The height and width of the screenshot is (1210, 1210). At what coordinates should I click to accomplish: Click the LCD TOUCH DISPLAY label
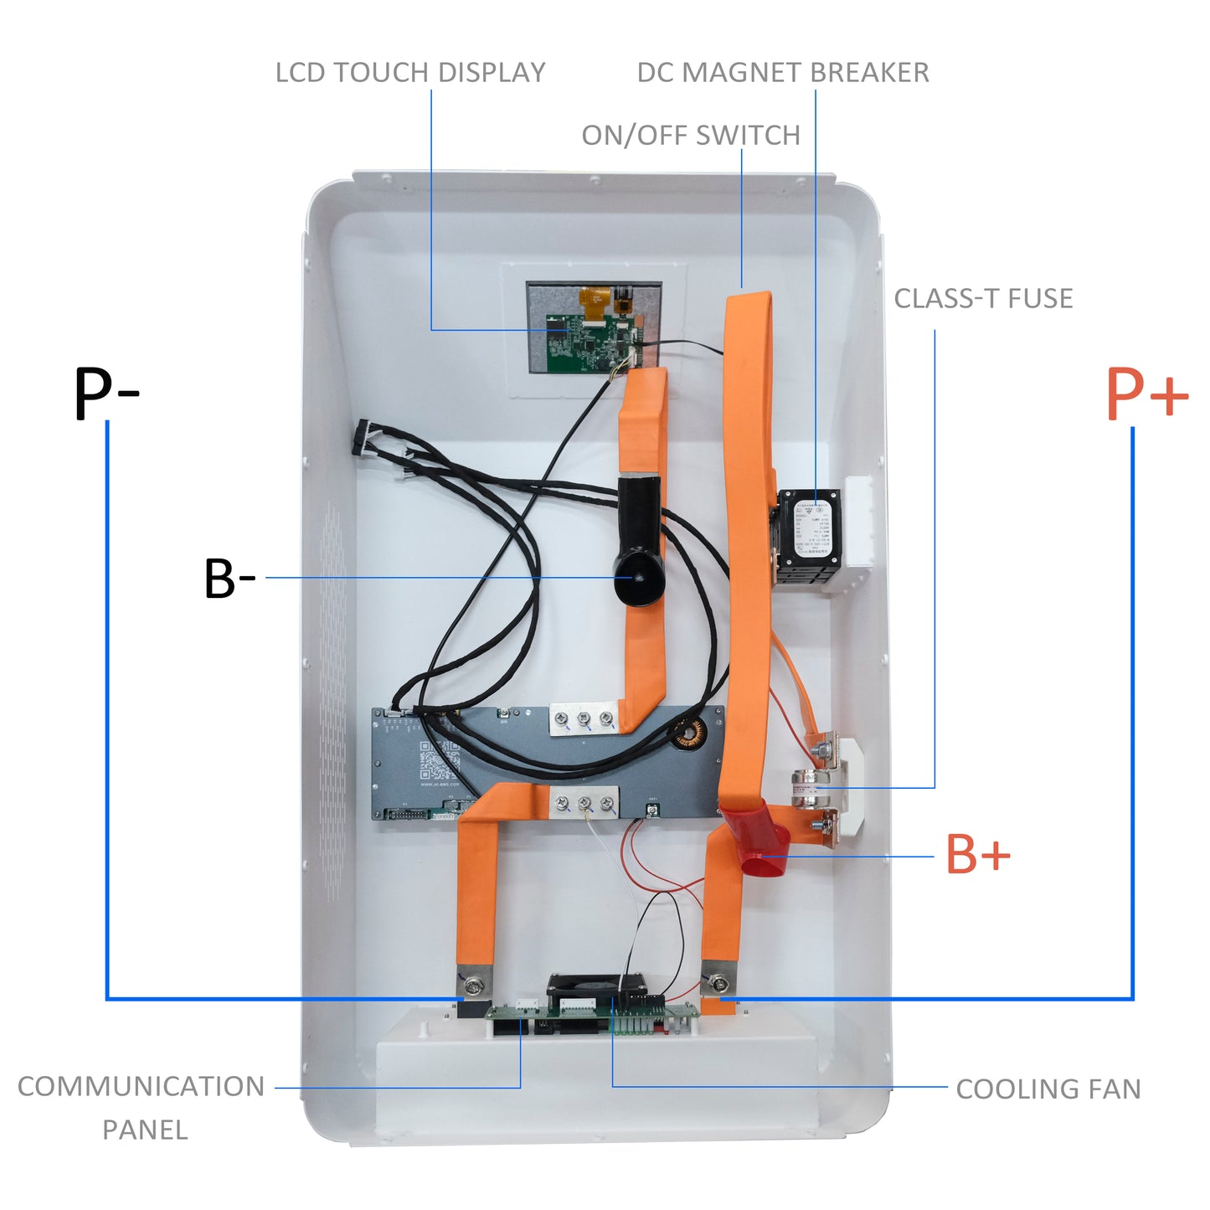pyautogui.click(x=410, y=73)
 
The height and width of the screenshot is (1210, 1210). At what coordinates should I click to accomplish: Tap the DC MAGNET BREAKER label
pyautogui.click(x=783, y=73)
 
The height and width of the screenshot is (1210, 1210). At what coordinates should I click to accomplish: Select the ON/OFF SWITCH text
pyautogui.click(x=691, y=136)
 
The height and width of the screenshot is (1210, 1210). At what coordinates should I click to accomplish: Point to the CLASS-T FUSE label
pyautogui.click(x=983, y=299)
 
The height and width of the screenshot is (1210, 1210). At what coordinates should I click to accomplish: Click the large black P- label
pyautogui.click(x=106, y=394)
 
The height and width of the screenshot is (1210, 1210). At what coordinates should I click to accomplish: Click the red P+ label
pyautogui.click(x=1146, y=394)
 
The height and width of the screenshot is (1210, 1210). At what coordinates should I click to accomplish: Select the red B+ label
pyautogui.click(x=977, y=855)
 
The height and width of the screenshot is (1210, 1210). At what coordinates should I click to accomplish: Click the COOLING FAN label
pyautogui.click(x=1048, y=1089)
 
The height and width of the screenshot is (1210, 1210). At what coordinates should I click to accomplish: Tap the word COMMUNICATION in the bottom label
pyautogui.click(x=141, y=1087)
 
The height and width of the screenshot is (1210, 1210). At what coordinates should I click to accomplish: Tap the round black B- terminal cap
pyautogui.click(x=638, y=578)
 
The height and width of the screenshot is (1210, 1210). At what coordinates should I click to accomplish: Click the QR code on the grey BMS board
pyautogui.click(x=439, y=760)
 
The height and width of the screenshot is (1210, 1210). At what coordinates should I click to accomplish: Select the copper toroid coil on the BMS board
pyautogui.click(x=692, y=734)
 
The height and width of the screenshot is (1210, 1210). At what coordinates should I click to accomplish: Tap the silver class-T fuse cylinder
pyautogui.click(x=811, y=789)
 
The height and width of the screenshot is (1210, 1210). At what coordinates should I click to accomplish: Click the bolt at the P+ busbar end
pyautogui.click(x=718, y=981)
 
